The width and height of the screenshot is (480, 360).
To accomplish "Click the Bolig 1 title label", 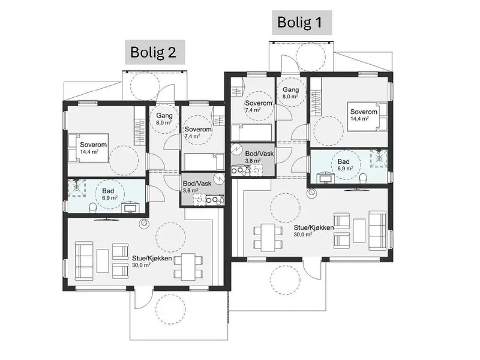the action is point(299,22).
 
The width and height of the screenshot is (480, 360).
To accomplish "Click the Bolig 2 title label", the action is point(153,52).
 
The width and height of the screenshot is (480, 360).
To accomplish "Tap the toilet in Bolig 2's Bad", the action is point(93,208).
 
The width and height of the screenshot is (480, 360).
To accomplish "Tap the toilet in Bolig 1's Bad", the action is point(363,178).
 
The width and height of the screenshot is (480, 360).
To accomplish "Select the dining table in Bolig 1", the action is point(268,238).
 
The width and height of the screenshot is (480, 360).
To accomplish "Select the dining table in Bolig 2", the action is point(188,266).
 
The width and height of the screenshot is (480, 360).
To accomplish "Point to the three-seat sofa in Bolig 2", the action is point(84,261).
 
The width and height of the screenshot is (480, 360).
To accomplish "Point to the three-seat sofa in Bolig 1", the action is point(377,230).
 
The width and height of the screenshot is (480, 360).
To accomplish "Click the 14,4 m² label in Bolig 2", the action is point(89,151).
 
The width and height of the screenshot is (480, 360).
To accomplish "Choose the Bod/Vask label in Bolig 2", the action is point(197,184).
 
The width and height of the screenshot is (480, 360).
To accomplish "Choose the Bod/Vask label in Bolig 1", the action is point(260,154).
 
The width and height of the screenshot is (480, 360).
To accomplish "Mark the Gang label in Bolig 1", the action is point(291,89).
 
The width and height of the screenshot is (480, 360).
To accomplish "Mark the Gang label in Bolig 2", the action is point(164,116).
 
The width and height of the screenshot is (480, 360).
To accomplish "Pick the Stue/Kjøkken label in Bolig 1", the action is point(314,228).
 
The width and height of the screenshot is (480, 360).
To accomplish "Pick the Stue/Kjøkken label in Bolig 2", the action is point(152,259).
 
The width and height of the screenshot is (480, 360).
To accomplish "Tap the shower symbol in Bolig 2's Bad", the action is point(77,188).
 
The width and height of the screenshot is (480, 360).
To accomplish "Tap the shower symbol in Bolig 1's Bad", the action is point(379,158).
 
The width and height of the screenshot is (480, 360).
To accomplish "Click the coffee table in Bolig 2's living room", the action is point(103,261).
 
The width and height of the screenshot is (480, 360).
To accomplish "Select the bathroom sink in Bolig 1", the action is point(326,178).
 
